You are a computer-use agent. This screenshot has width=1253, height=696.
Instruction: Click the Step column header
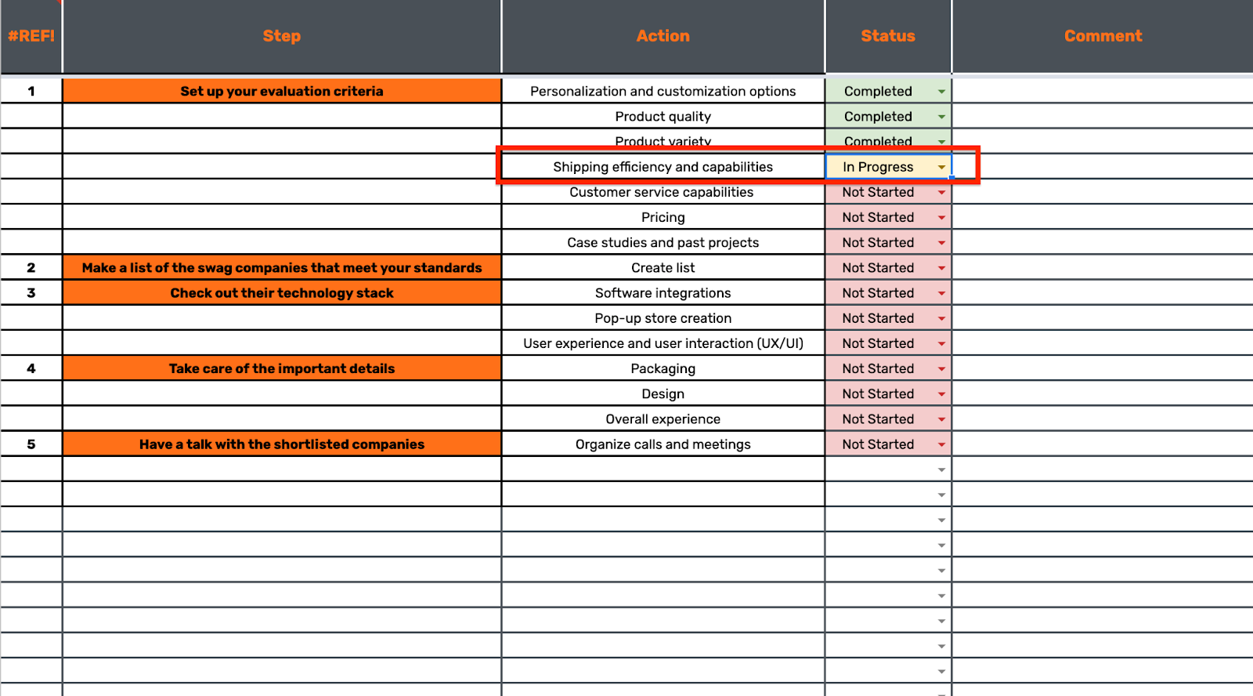[281, 36]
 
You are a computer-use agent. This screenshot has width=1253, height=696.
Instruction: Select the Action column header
[663, 36]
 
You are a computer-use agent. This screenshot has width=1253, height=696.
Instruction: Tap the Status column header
[887, 36]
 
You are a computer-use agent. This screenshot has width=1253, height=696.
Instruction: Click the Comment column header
[1103, 36]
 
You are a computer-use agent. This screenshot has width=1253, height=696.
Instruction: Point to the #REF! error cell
[31, 36]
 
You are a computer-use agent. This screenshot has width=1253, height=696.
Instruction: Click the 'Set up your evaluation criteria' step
[282, 91]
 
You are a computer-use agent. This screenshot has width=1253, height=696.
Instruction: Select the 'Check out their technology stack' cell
[282, 293]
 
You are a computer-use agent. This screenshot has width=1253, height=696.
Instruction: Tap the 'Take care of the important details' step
[282, 368]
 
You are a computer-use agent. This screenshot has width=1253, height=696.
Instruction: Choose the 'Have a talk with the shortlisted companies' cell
[282, 444]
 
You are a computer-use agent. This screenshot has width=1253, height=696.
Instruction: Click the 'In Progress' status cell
[878, 167]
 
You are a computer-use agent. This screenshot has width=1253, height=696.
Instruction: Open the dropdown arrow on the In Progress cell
[941, 167]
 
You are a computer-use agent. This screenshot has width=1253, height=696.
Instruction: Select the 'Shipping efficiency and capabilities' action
[663, 167]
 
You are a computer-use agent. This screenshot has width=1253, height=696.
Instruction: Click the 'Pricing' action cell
[663, 217]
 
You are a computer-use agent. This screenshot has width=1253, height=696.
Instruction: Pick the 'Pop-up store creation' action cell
[663, 318]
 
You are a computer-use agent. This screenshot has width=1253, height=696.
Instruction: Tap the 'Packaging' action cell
[663, 368]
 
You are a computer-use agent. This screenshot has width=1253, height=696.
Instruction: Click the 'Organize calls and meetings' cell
[663, 444]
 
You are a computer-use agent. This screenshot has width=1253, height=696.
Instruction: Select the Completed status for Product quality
[878, 117]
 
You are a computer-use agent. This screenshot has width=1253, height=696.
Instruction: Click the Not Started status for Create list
[878, 268]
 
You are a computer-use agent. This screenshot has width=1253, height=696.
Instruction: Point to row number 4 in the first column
[31, 368]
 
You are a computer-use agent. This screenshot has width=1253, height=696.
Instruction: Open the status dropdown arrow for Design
[941, 394]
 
